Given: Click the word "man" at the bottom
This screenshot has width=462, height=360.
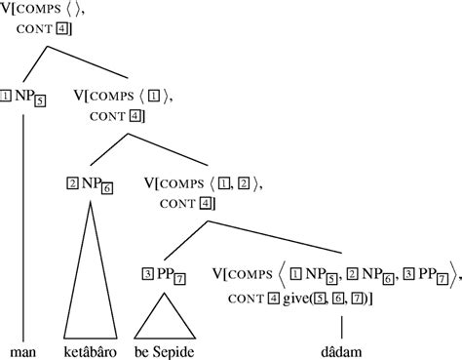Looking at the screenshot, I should click(x=22, y=348).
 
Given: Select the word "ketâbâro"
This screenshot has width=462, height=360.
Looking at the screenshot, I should click(x=90, y=348).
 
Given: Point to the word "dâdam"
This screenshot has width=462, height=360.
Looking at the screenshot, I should click(x=344, y=348).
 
